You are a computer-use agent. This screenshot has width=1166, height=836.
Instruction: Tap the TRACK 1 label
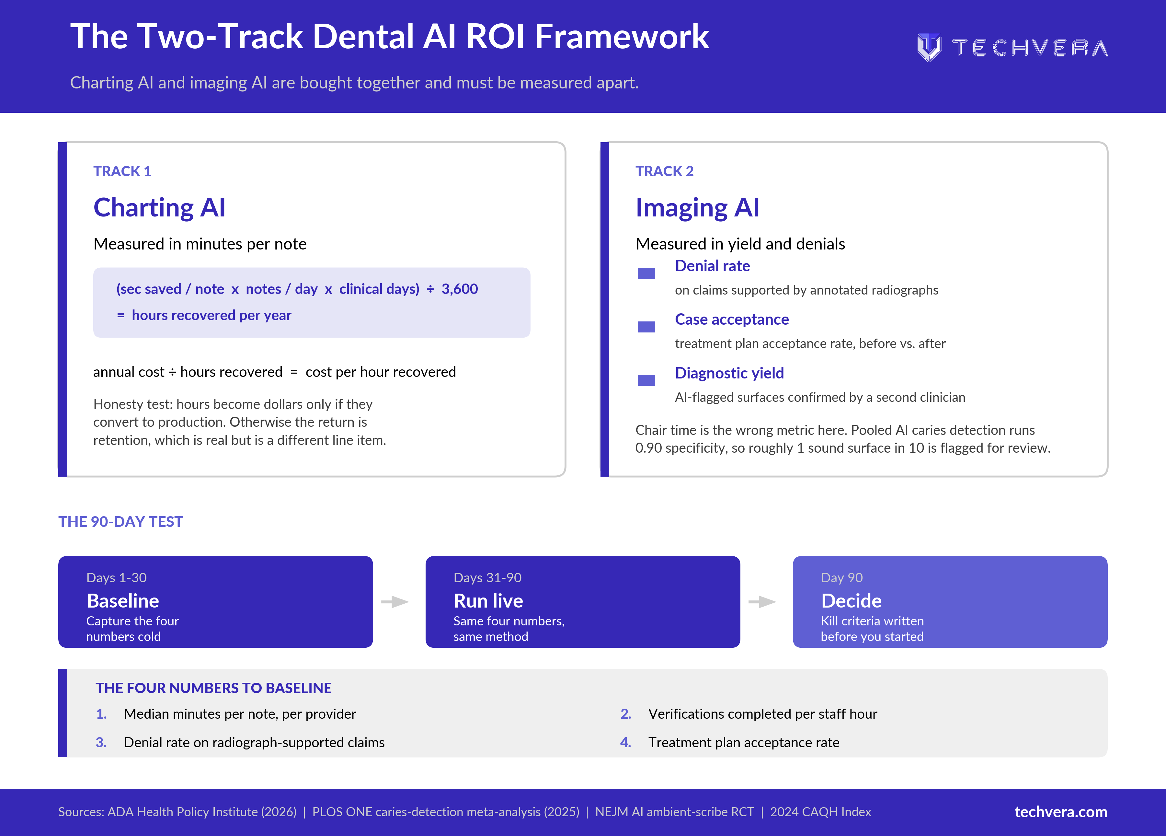122,171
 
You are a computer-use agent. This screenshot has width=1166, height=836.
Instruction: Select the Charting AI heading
159,207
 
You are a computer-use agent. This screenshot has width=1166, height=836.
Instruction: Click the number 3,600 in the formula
460,289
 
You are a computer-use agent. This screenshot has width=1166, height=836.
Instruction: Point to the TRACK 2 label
664,171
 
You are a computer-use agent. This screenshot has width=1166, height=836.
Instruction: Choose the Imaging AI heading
697,207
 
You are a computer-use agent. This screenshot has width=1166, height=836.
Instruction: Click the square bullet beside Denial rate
646,273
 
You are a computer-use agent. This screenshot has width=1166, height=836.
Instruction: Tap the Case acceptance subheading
732,319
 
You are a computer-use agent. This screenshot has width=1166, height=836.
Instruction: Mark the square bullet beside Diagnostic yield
646,380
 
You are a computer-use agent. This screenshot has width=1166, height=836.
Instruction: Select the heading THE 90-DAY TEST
120,522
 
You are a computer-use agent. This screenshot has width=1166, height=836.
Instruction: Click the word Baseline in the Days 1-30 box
123,601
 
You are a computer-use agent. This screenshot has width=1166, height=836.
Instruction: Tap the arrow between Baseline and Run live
395,602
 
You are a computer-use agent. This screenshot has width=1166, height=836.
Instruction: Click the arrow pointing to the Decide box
762,602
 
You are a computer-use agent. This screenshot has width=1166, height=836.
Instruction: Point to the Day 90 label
841,578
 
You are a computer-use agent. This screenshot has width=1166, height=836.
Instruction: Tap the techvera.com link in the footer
1061,812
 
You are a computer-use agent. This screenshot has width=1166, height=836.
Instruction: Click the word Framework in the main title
622,37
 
